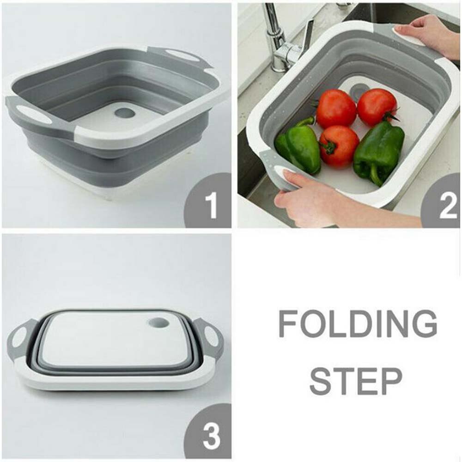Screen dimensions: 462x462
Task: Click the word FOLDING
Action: point(357,324)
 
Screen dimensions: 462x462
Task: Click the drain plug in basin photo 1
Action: point(124,112)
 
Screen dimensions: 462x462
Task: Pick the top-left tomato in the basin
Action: point(336,109)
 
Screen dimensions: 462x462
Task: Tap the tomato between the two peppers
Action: point(339,146)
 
